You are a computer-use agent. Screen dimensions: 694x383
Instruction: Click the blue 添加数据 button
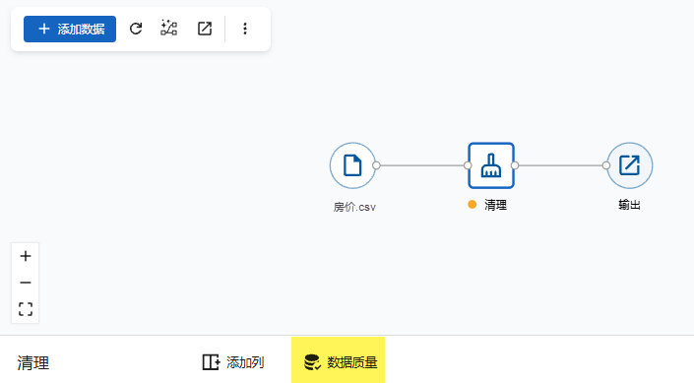pyautogui.click(x=70, y=30)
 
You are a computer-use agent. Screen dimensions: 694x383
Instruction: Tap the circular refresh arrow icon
pyautogui.click(x=136, y=29)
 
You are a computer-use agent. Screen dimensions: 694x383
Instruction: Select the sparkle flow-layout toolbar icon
pyautogui.click(x=168, y=29)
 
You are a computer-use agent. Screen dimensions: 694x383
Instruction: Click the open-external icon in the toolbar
pyautogui.click(x=205, y=29)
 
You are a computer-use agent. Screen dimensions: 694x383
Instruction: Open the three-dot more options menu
pyautogui.click(x=245, y=29)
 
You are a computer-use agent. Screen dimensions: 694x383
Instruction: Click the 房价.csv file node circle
pyautogui.click(x=352, y=165)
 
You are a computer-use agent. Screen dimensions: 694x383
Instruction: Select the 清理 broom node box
pyautogui.click(x=491, y=165)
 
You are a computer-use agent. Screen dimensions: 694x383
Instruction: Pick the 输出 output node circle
pyautogui.click(x=629, y=165)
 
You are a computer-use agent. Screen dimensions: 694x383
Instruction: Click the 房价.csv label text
pyautogui.click(x=354, y=207)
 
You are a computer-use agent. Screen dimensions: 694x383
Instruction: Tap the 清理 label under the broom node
pyautogui.click(x=496, y=205)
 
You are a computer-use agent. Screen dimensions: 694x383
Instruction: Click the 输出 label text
pyautogui.click(x=629, y=205)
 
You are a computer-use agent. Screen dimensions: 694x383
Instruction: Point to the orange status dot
pyautogui.click(x=473, y=205)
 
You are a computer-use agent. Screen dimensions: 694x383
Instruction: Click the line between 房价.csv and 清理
pyautogui.click(x=421, y=165)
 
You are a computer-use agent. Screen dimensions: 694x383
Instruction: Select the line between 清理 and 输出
pyautogui.click(x=560, y=165)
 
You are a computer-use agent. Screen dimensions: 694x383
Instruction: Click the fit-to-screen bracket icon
pyautogui.click(x=26, y=309)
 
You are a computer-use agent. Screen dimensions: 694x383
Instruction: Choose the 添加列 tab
pyautogui.click(x=233, y=362)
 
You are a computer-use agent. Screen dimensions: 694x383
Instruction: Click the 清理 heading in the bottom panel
pyautogui.click(x=33, y=363)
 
